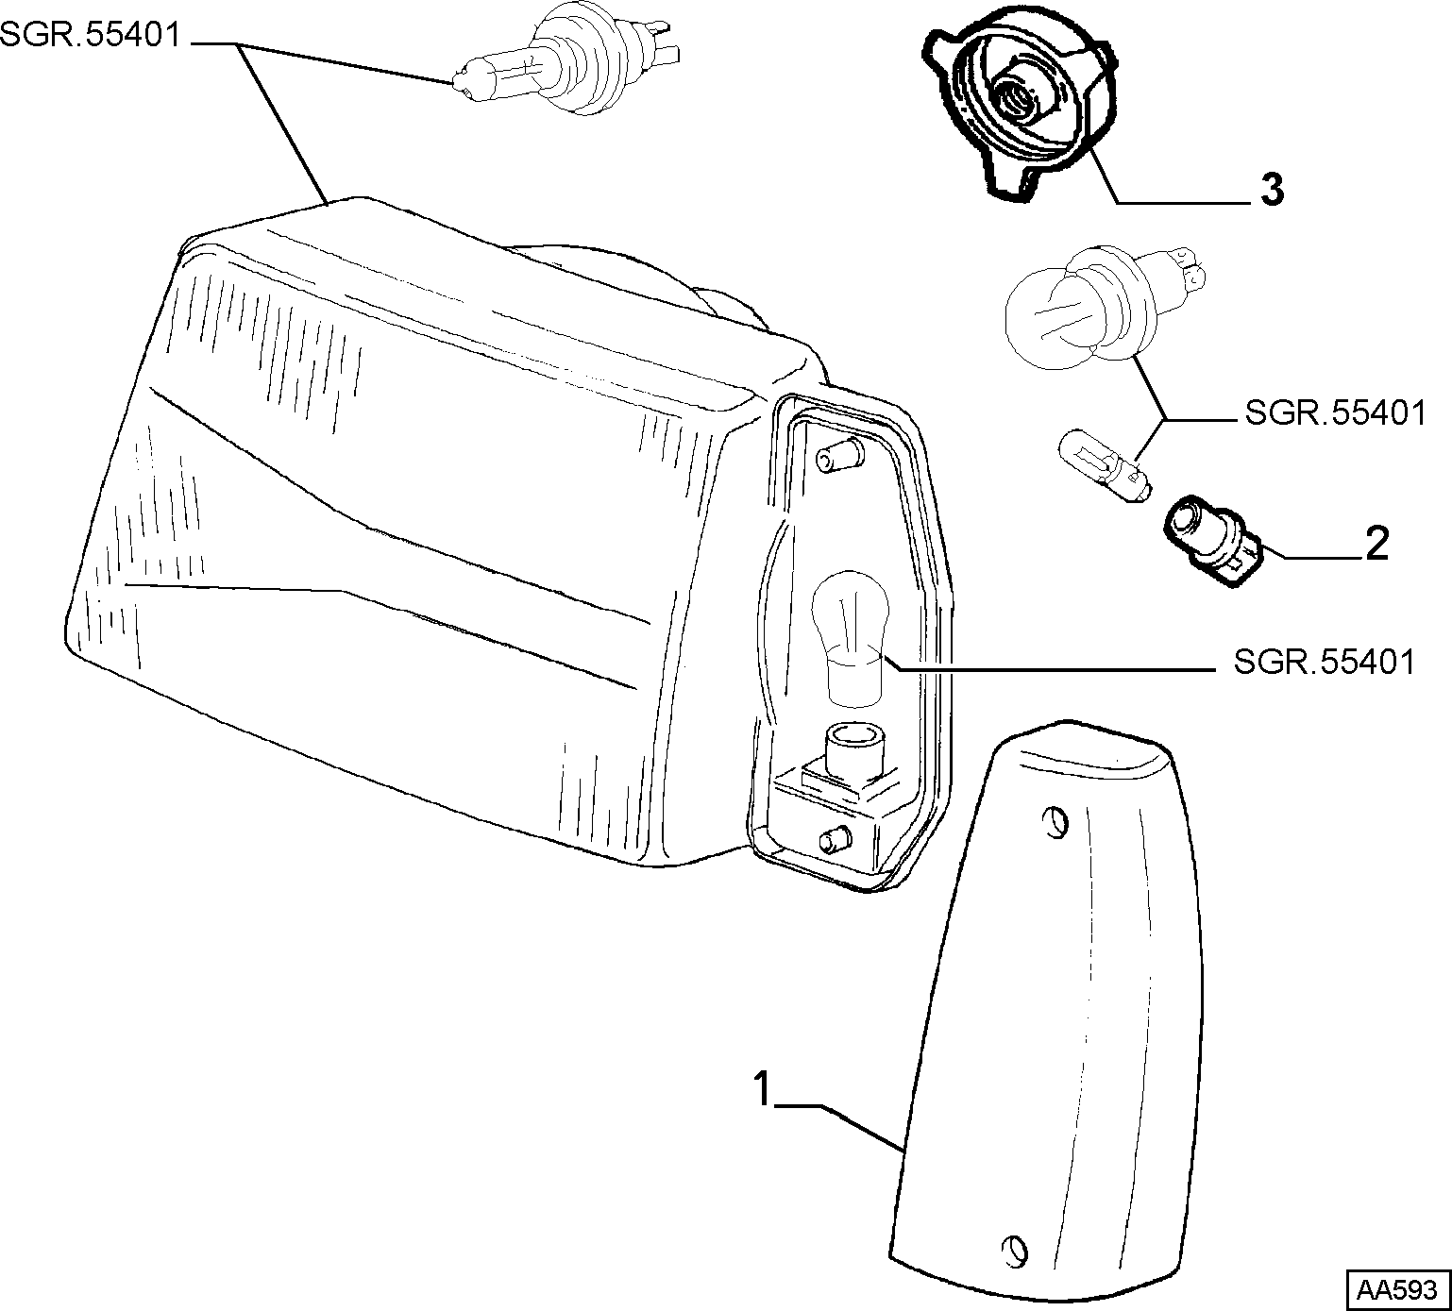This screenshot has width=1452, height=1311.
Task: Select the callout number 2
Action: pos(1376,545)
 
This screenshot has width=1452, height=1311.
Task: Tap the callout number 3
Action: pos(1272,190)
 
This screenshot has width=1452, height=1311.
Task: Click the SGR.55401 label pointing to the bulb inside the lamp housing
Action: pos(1325,663)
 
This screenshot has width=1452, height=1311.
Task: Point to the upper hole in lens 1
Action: pos(1057,822)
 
